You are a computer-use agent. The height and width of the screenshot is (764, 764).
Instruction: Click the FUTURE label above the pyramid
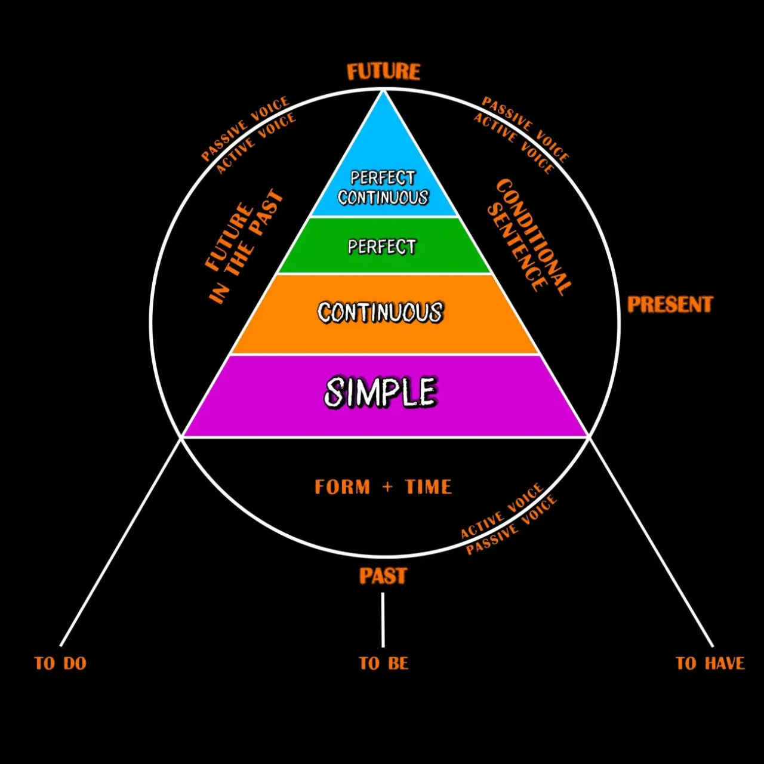383,72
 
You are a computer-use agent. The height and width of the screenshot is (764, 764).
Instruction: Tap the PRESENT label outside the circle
670,304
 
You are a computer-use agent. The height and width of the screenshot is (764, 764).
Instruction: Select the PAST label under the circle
383,576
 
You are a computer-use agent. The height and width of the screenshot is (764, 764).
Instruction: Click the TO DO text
60,663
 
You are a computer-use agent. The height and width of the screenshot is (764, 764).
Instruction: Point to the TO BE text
384,663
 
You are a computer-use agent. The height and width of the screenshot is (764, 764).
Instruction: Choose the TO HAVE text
710,663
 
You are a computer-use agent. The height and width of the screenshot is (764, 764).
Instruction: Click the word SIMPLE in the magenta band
381,392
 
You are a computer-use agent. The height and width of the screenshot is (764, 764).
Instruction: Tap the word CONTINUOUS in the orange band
380,313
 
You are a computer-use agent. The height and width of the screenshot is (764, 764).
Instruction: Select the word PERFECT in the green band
382,247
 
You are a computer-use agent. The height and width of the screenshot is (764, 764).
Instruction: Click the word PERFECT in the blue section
383,178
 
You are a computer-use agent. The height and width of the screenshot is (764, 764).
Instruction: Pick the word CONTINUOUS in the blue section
383,198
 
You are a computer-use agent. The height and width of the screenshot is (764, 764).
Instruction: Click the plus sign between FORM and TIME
387,486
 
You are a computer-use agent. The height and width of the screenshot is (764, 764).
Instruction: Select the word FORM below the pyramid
343,486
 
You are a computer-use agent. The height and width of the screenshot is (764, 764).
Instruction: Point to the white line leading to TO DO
119,542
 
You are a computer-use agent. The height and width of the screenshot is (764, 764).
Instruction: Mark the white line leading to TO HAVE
651,542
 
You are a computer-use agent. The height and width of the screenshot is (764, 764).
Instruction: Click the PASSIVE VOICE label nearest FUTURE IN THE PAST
245,129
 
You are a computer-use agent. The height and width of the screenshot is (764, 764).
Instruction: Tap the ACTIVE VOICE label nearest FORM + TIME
501,511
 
